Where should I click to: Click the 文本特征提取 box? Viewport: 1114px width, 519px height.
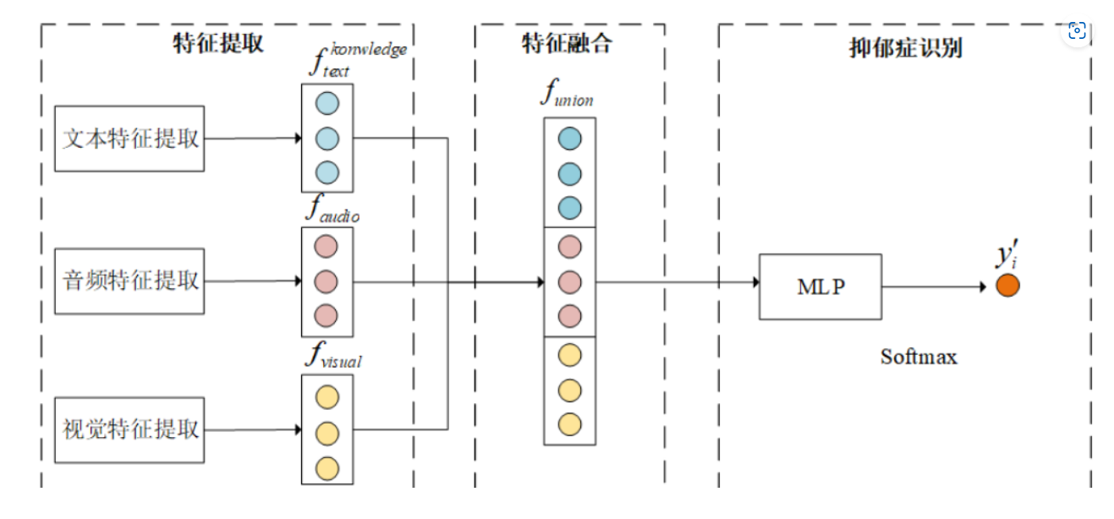(129, 138)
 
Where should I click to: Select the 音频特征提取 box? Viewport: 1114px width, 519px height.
(129, 281)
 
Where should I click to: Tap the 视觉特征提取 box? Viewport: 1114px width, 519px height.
(129, 429)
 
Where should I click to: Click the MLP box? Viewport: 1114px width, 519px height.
(820, 287)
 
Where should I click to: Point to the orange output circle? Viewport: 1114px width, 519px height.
(1007, 286)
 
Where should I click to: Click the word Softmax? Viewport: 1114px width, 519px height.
(919, 357)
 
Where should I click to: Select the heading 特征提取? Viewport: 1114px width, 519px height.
(218, 44)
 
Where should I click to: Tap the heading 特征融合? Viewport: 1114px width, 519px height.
(566, 44)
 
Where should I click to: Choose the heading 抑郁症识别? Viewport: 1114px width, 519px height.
(905, 47)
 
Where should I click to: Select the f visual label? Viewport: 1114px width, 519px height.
(332, 357)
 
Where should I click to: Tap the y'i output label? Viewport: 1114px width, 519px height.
(1005, 256)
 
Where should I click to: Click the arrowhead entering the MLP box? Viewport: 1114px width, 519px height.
(754, 282)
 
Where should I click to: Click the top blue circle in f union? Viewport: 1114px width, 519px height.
(569, 139)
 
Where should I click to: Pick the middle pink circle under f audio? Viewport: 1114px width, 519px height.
(327, 281)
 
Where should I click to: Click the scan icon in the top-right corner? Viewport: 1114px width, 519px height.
(1077, 31)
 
